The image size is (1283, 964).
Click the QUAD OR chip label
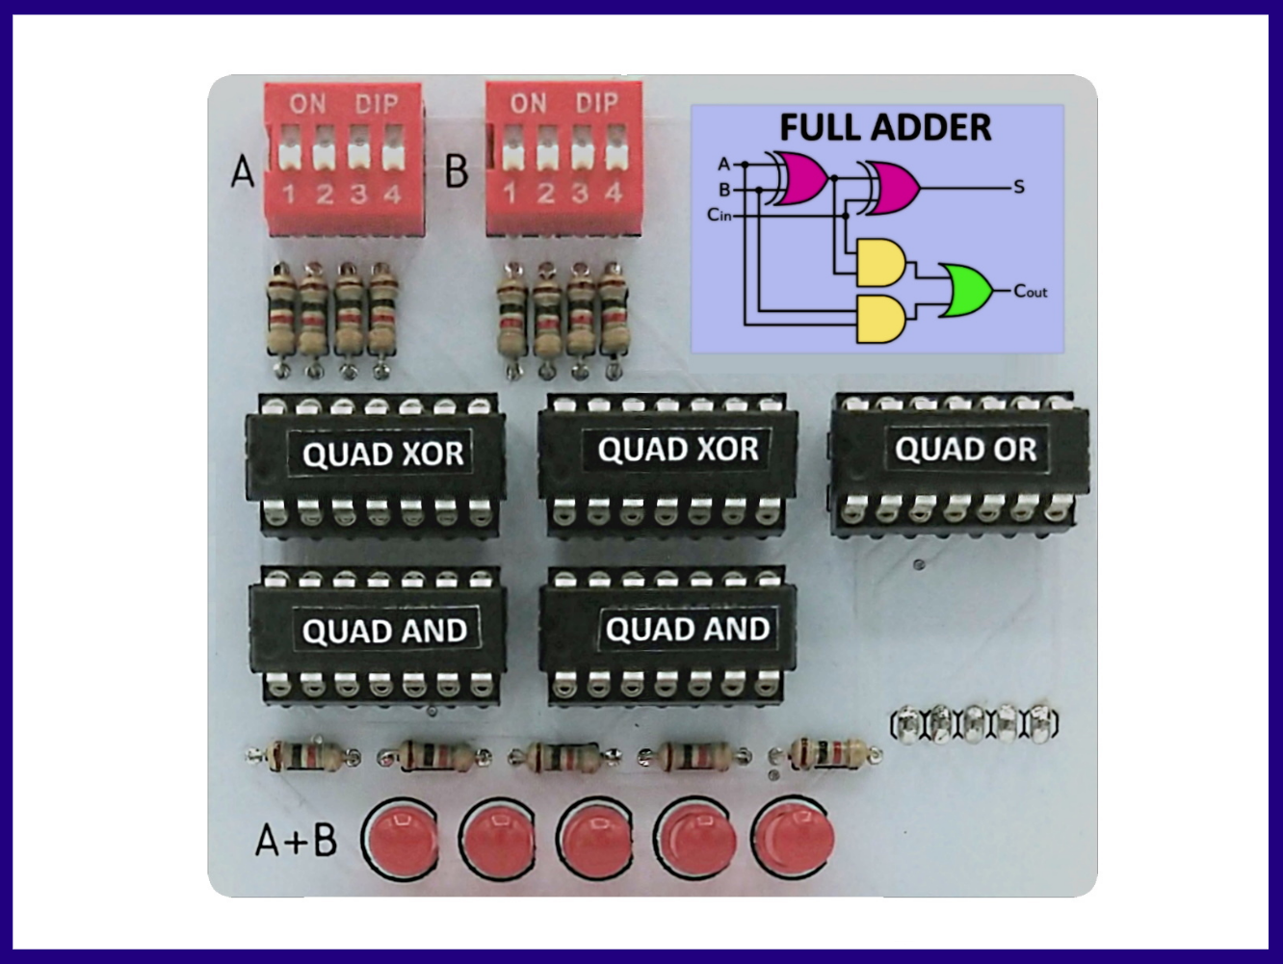965,449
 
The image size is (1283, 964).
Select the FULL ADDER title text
885,128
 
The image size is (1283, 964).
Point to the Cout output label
1030,291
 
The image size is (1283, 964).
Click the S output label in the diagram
1019,187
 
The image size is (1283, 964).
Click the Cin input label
719,215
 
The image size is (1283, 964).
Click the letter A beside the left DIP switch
243,172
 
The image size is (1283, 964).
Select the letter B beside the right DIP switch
457,171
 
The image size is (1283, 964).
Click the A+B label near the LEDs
297,840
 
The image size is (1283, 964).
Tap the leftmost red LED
400,839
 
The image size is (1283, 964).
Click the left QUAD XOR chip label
383,454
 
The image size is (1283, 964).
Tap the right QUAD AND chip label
687,630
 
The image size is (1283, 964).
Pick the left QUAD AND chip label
384,632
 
